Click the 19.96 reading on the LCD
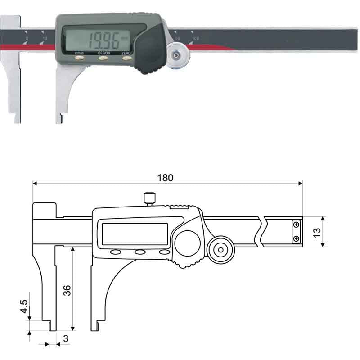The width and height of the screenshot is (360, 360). point(103,41)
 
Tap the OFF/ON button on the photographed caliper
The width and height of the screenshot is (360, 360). point(103,58)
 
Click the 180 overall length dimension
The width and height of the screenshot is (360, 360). point(165,177)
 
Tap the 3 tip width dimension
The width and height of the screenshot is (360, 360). point(66,339)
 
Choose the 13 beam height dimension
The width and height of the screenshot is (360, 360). point(317,231)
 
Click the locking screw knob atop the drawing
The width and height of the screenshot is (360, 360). point(149,198)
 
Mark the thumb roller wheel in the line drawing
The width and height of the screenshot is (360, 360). point(220,249)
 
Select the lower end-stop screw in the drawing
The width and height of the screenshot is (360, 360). point(296,238)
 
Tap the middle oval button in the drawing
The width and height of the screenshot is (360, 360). point(140,252)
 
